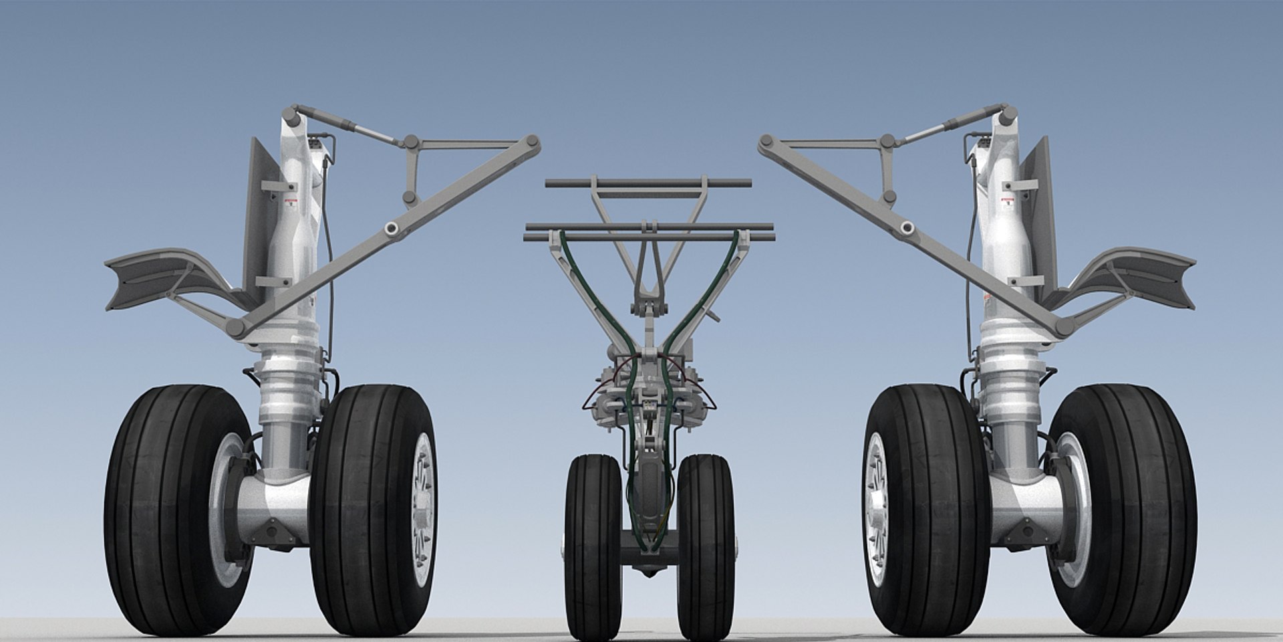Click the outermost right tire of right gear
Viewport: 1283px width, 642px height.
coord(1129,508)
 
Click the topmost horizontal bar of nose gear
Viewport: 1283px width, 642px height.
coord(648,183)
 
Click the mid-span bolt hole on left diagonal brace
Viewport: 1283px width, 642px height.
coord(391,229)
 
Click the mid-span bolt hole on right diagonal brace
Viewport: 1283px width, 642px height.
coord(907,229)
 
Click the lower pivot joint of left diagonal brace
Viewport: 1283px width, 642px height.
coord(235,328)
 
